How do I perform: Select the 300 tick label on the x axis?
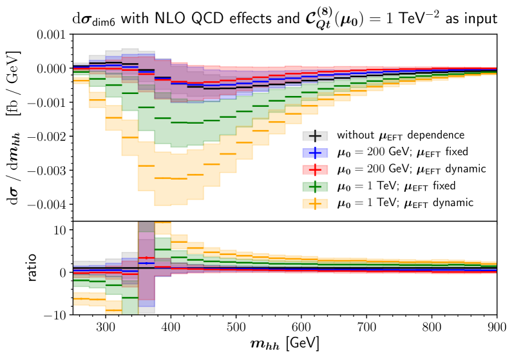point(105,327)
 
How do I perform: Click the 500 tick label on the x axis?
point(236,327)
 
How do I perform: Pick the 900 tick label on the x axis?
point(497,327)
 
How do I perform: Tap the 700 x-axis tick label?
point(366,327)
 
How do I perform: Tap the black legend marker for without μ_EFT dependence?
point(314,136)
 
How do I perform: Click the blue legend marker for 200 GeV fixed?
point(314,153)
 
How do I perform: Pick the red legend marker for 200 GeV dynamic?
point(314,169)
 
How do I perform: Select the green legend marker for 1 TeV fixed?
point(314,186)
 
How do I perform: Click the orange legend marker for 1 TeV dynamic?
point(314,203)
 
